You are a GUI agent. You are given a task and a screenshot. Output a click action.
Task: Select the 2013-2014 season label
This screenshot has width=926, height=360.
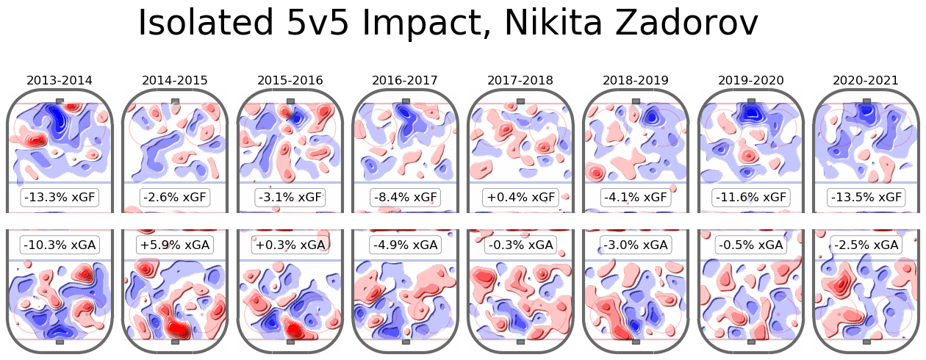coord(60,80)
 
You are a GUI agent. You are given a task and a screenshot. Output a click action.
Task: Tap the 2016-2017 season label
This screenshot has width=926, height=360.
coord(405,80)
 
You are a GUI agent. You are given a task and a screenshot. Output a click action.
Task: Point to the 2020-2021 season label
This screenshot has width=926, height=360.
coord(866,80)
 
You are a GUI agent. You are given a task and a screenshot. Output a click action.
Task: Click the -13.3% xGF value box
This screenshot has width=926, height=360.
coord(60,197)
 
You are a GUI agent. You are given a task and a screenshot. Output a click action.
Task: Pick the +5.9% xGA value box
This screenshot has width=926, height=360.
coord(175,245)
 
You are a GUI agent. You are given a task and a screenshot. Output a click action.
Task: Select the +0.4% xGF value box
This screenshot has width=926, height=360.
coord(520,197)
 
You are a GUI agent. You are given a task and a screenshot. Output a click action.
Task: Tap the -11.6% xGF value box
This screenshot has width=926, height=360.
coord(750,197)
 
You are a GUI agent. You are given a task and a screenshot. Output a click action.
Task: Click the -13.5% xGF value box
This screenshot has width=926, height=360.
coord(866,197)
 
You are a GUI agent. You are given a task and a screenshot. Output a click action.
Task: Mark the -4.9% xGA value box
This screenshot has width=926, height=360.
coord(405,245)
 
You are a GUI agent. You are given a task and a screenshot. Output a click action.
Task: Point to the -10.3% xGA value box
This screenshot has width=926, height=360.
coord(60,245)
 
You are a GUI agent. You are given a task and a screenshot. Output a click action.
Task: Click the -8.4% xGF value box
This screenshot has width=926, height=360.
coord(405,197)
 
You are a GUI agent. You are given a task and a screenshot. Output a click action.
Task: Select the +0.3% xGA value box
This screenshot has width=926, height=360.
coord(290,245)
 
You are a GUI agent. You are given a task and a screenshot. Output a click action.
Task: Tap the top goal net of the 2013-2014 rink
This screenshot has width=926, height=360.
coord(60,101)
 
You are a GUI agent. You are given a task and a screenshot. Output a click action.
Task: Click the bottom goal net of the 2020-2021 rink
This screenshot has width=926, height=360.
coord(866,341)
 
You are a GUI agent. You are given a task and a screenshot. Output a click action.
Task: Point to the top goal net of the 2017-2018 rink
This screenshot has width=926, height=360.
coord(520,101)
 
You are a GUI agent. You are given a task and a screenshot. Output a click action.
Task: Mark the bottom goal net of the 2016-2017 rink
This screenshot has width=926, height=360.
coord(405,341)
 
